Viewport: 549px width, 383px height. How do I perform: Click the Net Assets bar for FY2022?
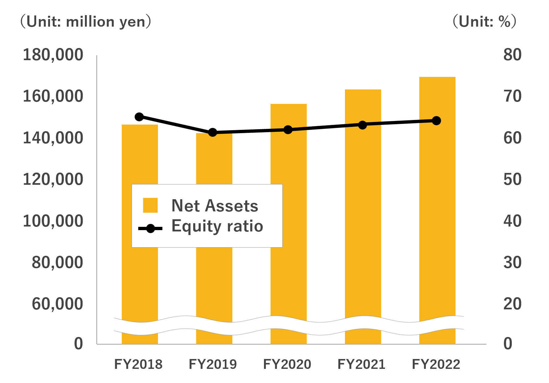click(x=437, y=210)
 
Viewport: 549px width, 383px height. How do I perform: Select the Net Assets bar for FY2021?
click(x=363, y=217)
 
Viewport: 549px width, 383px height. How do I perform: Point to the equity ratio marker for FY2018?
click(x=139, y=117)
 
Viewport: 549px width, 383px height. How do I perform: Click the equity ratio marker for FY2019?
click(x=213, y=132)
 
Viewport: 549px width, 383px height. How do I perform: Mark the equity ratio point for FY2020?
click(x=288, y=130)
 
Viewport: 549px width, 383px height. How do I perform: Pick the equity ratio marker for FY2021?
click(x=362, y=125)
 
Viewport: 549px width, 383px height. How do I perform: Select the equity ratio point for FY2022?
click(x=436, y=121)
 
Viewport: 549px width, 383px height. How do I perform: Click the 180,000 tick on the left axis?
click(x=53, y=55)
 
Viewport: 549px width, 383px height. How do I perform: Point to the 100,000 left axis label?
click(x=53, y=221)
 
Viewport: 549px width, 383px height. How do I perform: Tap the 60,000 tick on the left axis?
click(x=57, y=304)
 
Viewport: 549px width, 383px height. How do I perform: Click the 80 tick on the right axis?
click(x=512, y=55)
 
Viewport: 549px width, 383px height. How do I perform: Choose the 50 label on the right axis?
click(x=512, y=180)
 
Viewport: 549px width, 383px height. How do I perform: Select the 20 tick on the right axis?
click(x=512, y=304)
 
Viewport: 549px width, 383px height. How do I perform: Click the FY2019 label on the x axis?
click(x=213, y=364)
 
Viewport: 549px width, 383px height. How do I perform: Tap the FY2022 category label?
click(x=436, y=364)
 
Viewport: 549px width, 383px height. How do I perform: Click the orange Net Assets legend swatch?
click(x=150, y=205)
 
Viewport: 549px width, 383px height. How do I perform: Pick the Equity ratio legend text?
click(x=217, y=226)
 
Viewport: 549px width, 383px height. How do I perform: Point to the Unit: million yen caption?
click(x=86, y=22)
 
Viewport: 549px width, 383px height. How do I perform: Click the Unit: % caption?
click(x=484, y=22)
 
